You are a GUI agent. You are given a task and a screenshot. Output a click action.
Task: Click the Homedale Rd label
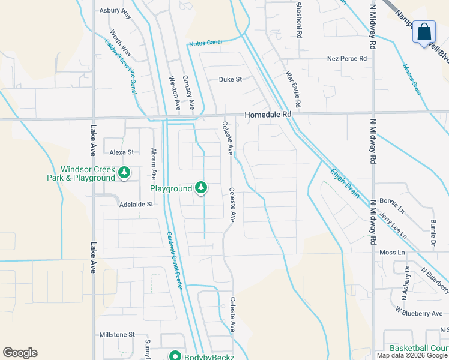pyautogui.click(x=268, y=114)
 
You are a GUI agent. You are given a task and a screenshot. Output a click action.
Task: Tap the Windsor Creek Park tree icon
pyautogui.click(x=124, y=173)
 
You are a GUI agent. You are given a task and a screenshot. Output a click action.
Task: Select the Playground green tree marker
pyautogui.click(x=201, y=188)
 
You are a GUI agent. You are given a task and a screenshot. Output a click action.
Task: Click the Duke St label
pyautogui.click(x=230, y=79)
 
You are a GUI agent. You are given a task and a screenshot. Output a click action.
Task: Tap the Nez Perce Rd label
pyautogui.click(x=346, y=59)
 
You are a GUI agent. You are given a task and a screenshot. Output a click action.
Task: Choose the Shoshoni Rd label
pyautogui.click(x=298, y=19)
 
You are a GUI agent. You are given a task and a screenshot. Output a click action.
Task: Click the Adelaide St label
pyautogui.click(x=136, y=204)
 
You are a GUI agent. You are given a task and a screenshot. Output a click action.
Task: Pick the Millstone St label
pyautogui.click(x=117, y=334)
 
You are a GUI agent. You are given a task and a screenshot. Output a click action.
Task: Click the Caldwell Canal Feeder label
pyautogui.click(x=174, y=260)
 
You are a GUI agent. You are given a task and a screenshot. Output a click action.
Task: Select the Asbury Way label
pyautogui.click(x=116, y=10)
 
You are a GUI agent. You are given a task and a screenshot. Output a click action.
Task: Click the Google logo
pyautogui.click(x=20, y=353)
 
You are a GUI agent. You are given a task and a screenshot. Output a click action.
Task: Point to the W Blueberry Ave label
pyautogui.click(x=419, y=313)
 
